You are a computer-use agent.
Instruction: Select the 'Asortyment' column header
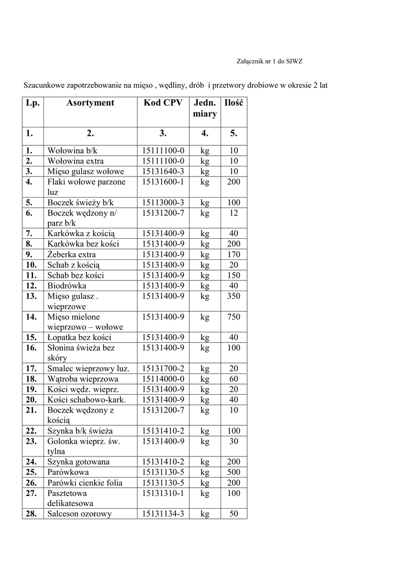point(90,103)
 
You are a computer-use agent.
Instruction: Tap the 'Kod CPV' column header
point(163,103)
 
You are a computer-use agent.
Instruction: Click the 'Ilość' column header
point(234,103)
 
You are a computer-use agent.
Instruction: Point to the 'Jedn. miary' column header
point(205,109)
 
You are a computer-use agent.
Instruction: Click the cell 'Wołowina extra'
point(75,161)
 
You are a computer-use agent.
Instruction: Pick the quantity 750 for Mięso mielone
point(234,317)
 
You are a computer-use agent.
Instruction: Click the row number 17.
point(31,368)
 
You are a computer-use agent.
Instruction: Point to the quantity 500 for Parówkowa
point(234,472)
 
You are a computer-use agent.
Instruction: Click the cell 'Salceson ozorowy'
point(80,514)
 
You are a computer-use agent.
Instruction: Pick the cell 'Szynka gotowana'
point(78,462)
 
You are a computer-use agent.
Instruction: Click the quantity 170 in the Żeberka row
point(234,254)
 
